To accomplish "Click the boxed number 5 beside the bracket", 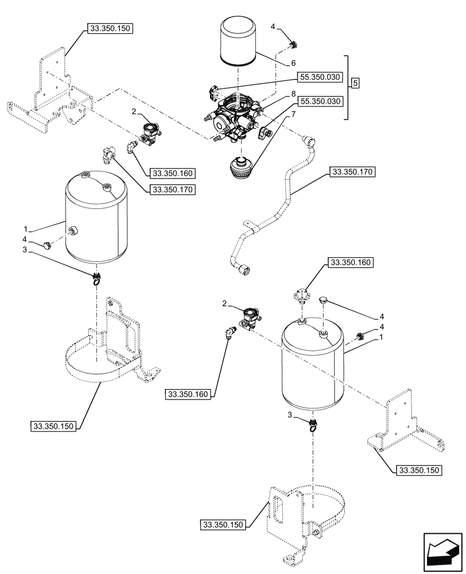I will click(355, 83).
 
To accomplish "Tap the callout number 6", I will click(293, 63).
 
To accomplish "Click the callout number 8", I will click(293, 93).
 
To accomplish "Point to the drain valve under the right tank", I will click(313, 425).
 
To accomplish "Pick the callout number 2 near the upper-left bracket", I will click(133, 111).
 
